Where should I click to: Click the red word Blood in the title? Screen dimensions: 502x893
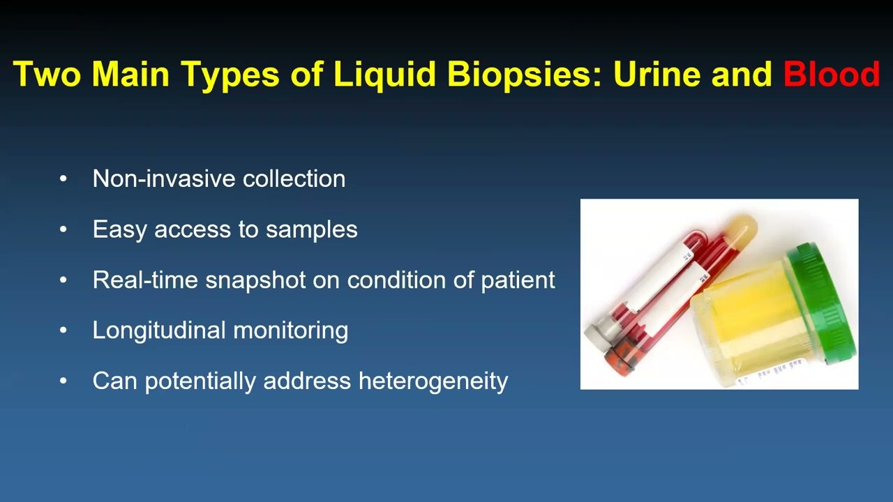(831, 74)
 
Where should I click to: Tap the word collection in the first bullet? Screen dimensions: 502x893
(294, 178)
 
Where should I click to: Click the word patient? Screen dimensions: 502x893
(518, 280)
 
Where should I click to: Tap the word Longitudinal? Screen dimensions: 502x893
(159, 330)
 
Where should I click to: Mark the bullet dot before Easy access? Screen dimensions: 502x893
(63, 229)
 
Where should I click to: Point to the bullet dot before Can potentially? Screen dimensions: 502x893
(63, 381)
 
